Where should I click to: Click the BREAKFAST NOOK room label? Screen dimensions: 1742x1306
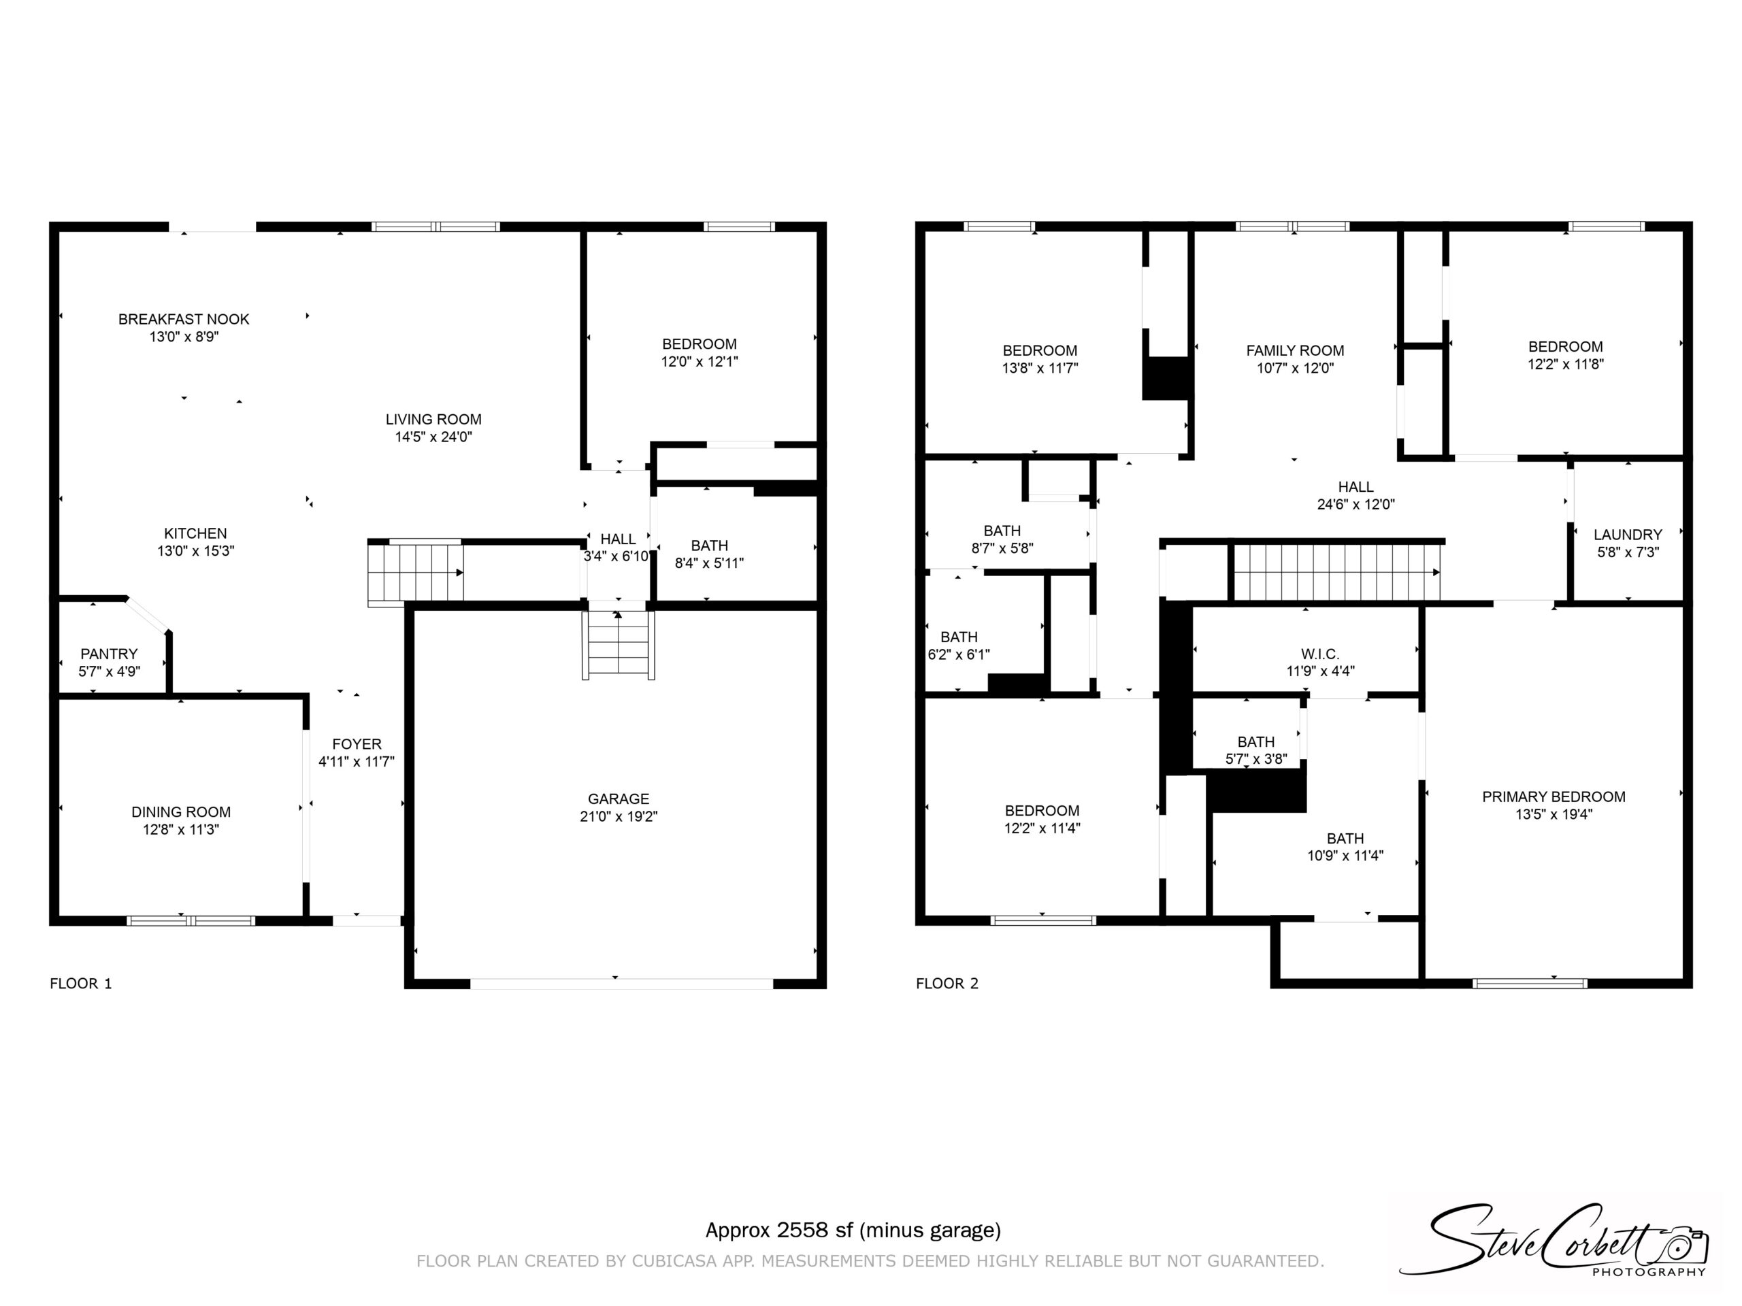184,319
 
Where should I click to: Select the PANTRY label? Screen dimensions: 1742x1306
109,654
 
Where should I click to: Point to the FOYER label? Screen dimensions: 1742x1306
357,744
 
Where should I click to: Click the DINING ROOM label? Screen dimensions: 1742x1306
181,811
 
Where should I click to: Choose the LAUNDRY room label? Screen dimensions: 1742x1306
1628,535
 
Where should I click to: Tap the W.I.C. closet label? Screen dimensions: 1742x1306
1320,654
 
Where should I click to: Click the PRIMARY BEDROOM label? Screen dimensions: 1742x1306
1554,797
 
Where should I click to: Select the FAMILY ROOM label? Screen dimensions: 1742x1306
1295,350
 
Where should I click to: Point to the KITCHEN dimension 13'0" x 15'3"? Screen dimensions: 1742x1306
195,551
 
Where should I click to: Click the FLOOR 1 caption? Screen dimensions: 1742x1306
81,983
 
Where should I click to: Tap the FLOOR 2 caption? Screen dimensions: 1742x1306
947,983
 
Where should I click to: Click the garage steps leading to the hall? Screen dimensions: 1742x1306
618,645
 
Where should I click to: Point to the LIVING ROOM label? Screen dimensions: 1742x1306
433,420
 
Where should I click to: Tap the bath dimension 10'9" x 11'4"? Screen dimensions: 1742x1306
1345,856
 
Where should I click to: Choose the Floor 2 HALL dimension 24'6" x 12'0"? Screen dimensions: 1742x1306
1355,505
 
